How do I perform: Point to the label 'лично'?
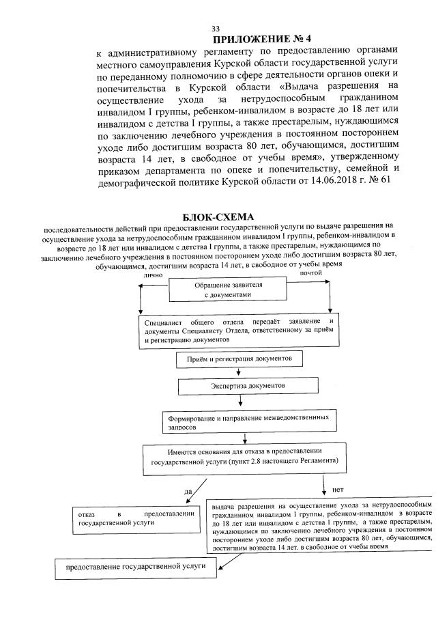coord(153,275)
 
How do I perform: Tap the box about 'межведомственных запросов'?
coord(249,421)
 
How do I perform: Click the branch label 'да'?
coord(188,491)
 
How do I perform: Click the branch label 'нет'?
coord(336,490)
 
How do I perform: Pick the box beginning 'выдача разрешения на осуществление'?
coord(322,523)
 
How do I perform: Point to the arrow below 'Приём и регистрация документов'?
coord(238,372)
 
